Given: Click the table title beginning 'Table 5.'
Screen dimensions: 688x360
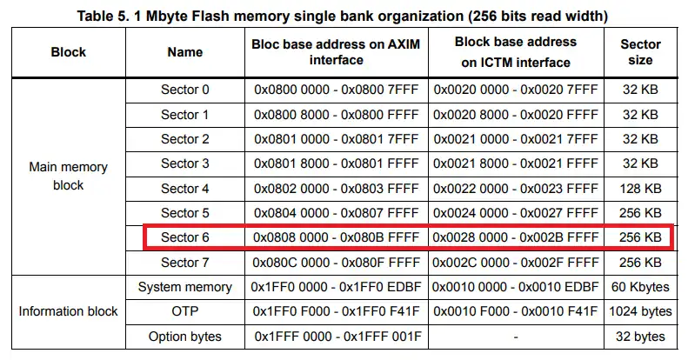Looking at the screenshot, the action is coord(342,17).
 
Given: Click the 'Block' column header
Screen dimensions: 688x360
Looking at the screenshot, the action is coord(69,52).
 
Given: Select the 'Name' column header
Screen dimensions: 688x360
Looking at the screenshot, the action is coord(184,52).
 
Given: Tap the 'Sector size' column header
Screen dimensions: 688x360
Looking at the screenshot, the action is coord(640,52).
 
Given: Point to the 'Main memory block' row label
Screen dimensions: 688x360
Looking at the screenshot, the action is coord(69,176).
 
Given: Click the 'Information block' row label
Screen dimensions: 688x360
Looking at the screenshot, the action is coord(69,311).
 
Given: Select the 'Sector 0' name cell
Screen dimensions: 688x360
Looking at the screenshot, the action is coord(184,90).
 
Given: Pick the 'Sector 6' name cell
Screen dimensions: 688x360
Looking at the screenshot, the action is coord(184,237).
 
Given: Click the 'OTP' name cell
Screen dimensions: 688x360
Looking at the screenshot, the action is coord(184,311).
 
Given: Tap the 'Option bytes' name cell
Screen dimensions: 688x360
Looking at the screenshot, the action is coord(184,337).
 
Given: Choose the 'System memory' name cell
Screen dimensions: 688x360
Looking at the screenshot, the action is coord(184,287).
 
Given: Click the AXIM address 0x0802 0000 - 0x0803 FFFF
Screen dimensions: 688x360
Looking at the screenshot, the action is coord(336,189).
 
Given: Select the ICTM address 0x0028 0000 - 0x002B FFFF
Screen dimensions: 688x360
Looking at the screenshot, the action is coord(516,237).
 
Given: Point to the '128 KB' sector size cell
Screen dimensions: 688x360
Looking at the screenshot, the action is coord(640,189).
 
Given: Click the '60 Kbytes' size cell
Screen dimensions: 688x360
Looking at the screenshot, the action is coord(640,287).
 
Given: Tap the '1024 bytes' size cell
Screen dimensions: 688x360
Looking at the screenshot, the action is coord(640,311).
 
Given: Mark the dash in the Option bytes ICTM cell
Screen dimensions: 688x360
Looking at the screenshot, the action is coord(516,337).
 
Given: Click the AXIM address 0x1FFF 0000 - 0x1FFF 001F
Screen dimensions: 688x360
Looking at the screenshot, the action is coord(337,337).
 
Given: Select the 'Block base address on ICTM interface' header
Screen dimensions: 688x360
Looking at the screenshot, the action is coord(516,52).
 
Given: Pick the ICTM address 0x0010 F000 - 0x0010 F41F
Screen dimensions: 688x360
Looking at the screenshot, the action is coord(516,311).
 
